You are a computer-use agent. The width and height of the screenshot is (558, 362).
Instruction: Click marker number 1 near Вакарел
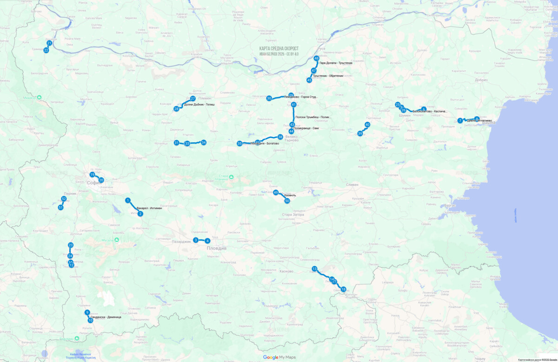127,200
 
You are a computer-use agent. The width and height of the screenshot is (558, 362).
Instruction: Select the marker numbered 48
316,59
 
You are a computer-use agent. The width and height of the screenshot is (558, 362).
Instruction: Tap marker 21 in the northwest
49,43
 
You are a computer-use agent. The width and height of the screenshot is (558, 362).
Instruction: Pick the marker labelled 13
314,269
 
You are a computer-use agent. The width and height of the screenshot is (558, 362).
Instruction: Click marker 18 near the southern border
343,289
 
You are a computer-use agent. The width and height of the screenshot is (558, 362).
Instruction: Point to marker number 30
269,98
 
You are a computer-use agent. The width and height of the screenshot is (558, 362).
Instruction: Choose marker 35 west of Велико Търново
239,144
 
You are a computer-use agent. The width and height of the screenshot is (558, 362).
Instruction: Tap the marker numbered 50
287,201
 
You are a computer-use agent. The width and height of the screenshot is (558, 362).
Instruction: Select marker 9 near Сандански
87,312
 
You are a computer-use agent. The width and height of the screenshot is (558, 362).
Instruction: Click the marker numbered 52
64,199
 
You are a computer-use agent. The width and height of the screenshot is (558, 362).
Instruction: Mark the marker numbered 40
367,125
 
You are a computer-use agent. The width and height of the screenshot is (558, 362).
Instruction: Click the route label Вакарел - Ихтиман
149,209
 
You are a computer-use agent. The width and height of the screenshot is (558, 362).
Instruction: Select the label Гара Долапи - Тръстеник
336,63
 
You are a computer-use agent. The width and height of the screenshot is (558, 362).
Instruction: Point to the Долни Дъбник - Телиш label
199,105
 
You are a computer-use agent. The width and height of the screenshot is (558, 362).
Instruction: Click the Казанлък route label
287,195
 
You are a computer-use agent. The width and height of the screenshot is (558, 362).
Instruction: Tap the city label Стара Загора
293,215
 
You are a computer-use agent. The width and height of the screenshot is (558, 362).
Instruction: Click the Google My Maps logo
279,357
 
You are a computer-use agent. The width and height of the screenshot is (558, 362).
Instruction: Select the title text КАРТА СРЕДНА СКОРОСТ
279,48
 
